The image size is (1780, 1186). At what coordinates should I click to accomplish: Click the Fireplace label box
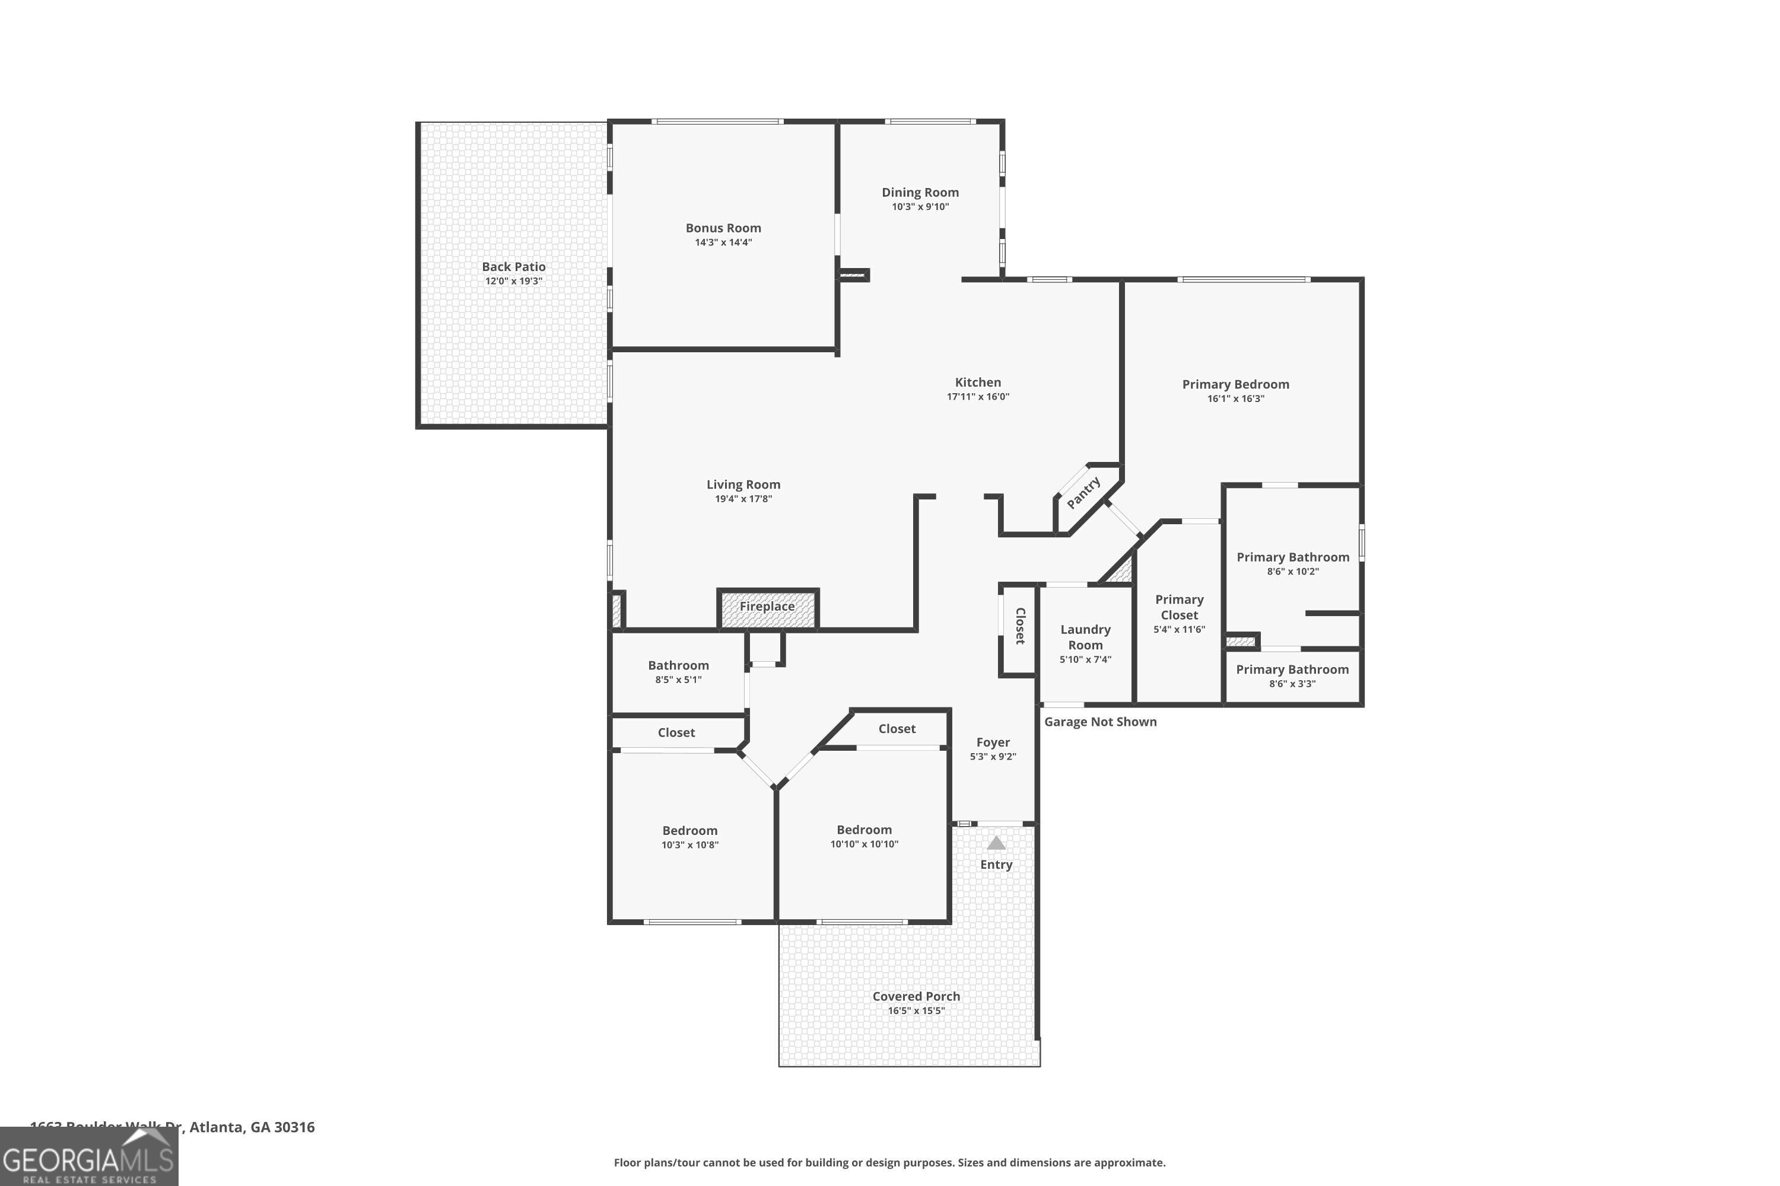click(767, 607)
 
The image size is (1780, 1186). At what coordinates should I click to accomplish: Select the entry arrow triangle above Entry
click(996, 843)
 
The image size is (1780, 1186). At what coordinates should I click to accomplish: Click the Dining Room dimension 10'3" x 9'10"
click(920, 206)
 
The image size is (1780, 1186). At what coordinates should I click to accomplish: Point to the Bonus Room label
click(723, 228)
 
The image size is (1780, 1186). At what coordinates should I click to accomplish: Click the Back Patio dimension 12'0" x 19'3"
click(513, 281)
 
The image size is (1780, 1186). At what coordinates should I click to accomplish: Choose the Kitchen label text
click(977, 382)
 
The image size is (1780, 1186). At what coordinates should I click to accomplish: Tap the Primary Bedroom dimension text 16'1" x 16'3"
click(1235, 398)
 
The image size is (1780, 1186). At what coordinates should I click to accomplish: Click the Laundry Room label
click(1085, 637)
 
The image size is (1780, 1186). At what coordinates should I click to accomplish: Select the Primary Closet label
click(1178, 607)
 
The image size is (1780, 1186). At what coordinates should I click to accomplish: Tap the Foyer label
click(992, 742)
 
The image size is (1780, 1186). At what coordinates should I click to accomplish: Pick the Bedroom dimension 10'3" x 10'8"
click(689, 845)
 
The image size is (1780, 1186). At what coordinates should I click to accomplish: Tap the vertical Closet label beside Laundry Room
click(1019, 626)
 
